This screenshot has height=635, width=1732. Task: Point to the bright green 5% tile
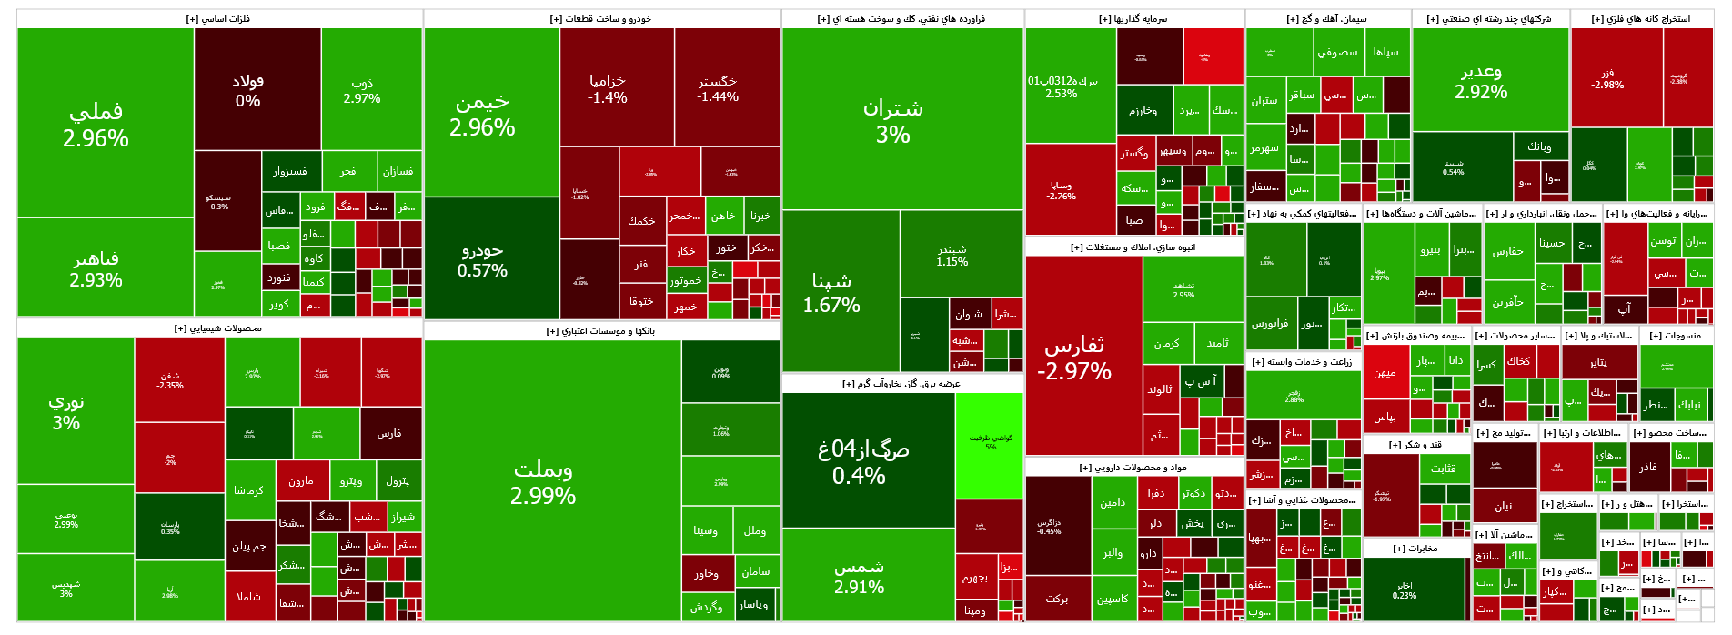point(990,442)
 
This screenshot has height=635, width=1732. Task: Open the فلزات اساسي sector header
point(218,19)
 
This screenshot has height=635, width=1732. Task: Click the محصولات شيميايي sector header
point(218,328)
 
